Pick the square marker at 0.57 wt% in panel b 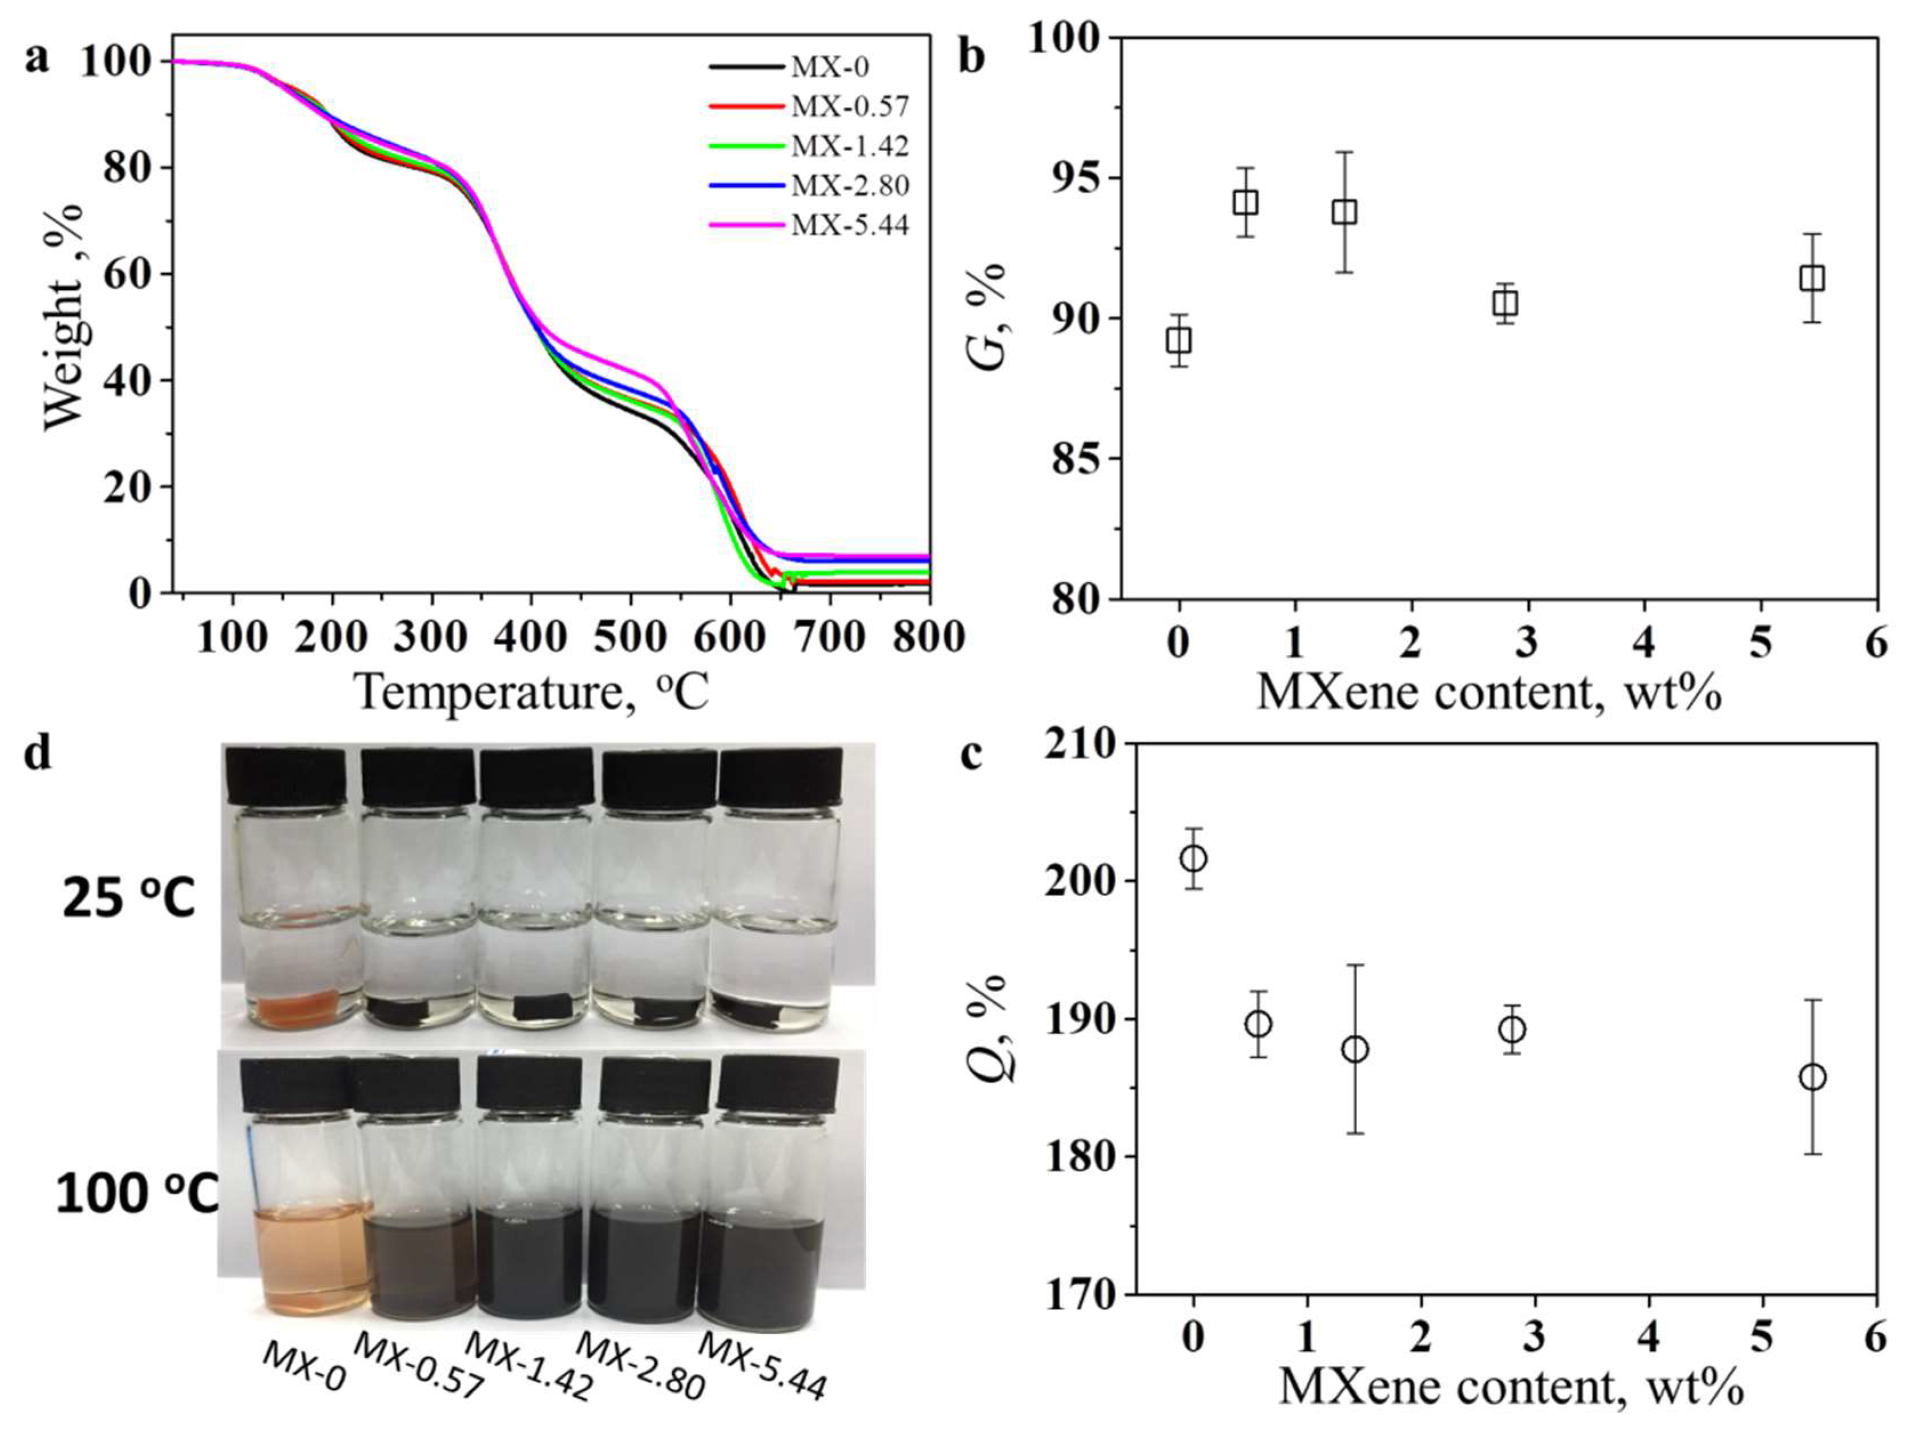(1244, 203)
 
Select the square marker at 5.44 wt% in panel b (1812, 279)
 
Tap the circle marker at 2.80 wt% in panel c (1512, 1030)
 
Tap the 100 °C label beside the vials (136, 1195)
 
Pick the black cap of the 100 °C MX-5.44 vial (778, 1081)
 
